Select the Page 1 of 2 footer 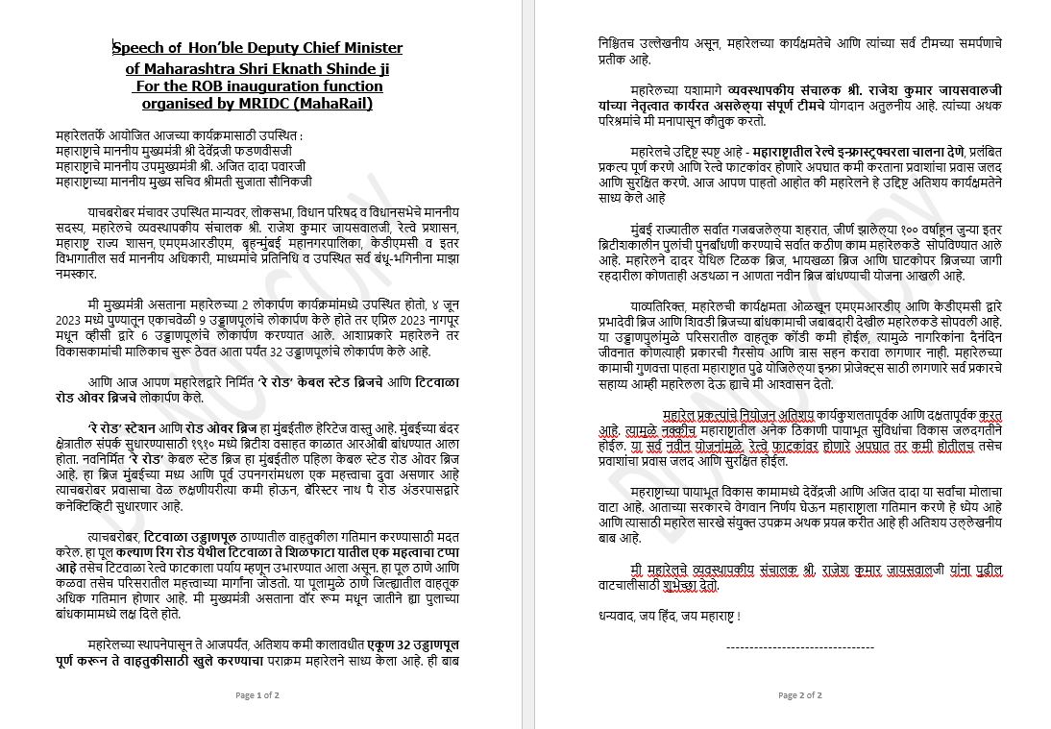pos(257,694)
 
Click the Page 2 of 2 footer pos(799,694)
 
